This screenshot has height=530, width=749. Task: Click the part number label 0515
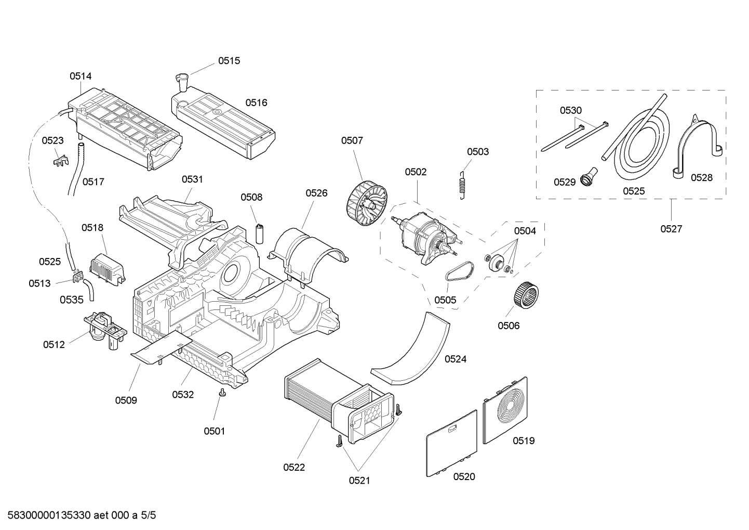click(x=229, y=61)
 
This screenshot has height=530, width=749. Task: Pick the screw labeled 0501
click(x=223, y=393)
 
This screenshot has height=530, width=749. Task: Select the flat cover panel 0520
click(x=451, y=443)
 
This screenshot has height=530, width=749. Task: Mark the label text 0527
click(x=671, y=229)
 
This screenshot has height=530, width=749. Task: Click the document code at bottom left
click(x=78, y=515)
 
